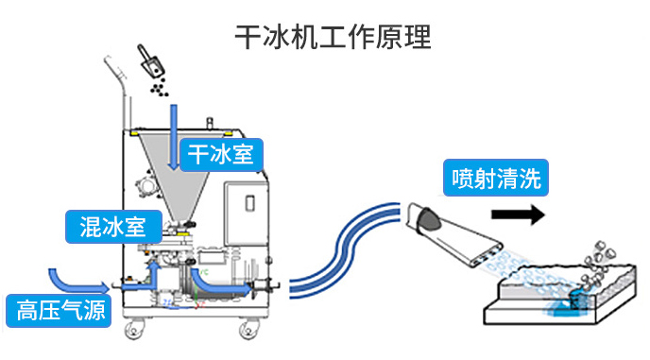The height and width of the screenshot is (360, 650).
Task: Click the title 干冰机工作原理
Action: coord(333,37)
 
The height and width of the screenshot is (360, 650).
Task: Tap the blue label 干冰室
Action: coord(221,155)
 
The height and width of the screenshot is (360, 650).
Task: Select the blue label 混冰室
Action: coord(113,227)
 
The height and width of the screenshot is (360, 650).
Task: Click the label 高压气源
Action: coord(59,311)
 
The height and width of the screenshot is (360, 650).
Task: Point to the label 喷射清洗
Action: coord(496,178)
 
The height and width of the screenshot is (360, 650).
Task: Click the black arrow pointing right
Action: coord(518,214)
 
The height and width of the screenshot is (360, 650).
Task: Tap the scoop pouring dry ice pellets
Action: coord(150,61)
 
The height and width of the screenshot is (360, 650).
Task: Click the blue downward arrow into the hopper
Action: coord(174,137)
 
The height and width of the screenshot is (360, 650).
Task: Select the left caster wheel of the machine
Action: coord(135,329)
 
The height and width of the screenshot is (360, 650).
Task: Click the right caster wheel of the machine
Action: coord(249,330)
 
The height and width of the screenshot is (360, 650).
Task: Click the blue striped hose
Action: coord(344,248)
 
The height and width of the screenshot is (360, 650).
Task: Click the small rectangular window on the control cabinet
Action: coord(250,203)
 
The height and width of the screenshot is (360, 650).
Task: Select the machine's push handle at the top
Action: coord(118,91)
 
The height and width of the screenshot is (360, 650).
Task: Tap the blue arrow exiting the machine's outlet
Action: coord(220,282)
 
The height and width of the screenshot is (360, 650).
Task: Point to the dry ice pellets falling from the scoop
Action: coord(159,88)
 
